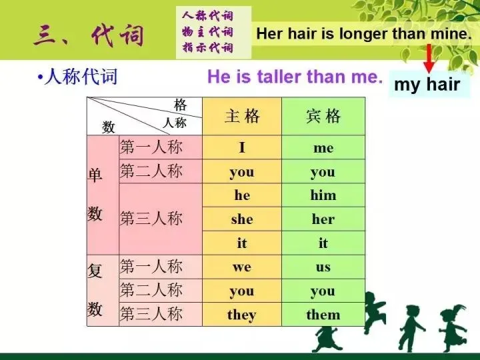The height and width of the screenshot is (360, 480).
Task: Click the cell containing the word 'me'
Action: click(x=323, y=148)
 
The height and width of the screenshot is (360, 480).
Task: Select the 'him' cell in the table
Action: click(x=323, y=195)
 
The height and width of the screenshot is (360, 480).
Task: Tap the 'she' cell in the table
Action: click(x=241, y=219)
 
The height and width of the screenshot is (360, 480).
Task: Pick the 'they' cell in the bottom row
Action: click(x=241, y=315)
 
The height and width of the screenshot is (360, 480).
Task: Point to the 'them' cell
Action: click(x=323, y=315)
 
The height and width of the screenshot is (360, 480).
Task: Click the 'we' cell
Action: click(x=241, y=267)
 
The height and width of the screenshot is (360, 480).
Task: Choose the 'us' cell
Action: click(x=323, y=267)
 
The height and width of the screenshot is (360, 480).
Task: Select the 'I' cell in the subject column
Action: click(x=241, y=148)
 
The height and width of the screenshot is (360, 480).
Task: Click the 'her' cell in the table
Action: click(x=323, y=219)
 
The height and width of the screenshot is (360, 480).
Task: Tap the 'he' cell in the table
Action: click(x=241, y=195)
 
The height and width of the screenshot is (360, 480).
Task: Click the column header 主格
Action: click(x=241, y=117)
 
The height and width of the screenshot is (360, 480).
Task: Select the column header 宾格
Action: click(x=323, y=117)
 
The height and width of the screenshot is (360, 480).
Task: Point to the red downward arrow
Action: click(x=429, y=58)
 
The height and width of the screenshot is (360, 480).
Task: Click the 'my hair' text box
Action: click(x=427, y=85)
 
